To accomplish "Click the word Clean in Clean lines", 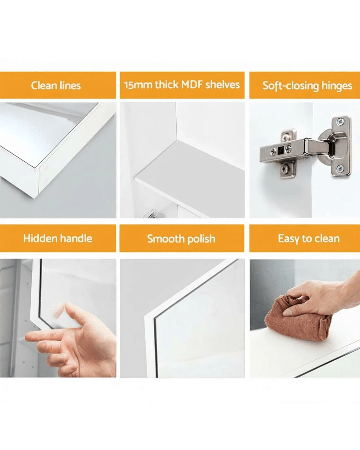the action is click(x=44, y=85).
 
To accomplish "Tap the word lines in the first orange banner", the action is click(x=70, y=85).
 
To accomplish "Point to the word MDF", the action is click(x=192, y=84).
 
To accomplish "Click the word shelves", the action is click(x=223, y=84).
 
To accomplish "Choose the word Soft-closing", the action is click(x=291, y=86).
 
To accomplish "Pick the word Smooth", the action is click(x=166, y=239).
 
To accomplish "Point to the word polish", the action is click(x=201, y=239).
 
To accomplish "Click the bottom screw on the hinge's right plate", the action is click(x=340, y=168).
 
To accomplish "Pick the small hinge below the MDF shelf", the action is click(x=154, y=214).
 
